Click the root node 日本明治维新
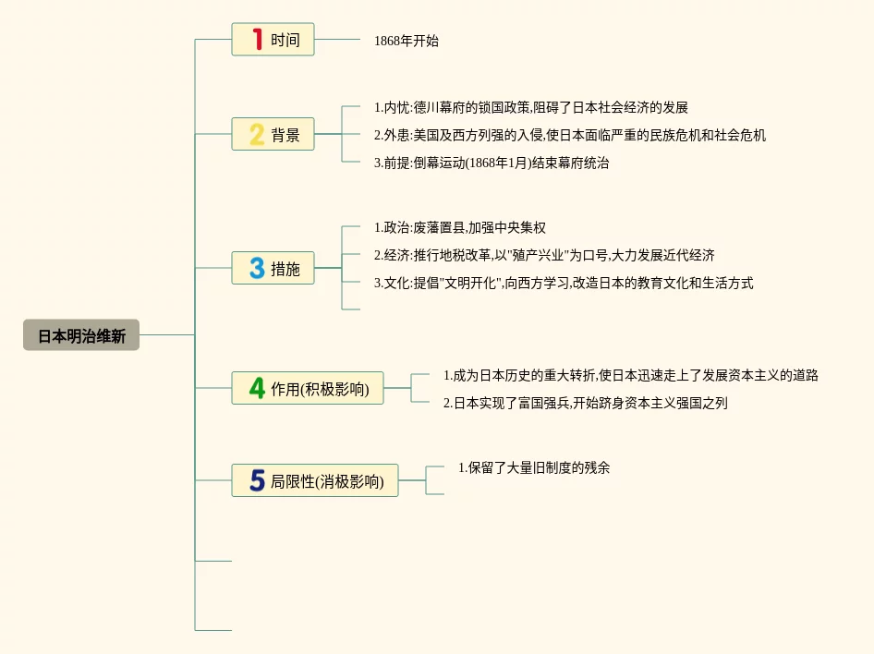[x=81, y=335]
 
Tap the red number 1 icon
[x=257, y=40]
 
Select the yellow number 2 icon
[x=257, y=135]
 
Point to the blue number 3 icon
[x=257, y=268]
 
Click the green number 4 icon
[x=257, y=388]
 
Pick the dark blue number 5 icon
[x=257, y=480]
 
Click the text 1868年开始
[x=407, y=41]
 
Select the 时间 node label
[x=285, y=41]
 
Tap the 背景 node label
[x=285, y=136]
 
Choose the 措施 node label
[x=285, y=269]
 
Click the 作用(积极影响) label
[x=320, y=389]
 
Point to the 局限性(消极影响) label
[x=327, y=481]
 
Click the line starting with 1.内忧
[x=530, y=108]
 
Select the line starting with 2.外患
[x=569, y=136]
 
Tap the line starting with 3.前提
[x=491, y=163]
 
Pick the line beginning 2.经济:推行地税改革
[x=543, y=255]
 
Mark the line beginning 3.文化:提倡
[x=563, y=283]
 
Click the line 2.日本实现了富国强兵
[x=585, y=403]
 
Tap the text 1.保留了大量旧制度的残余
[x=534, y=467]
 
